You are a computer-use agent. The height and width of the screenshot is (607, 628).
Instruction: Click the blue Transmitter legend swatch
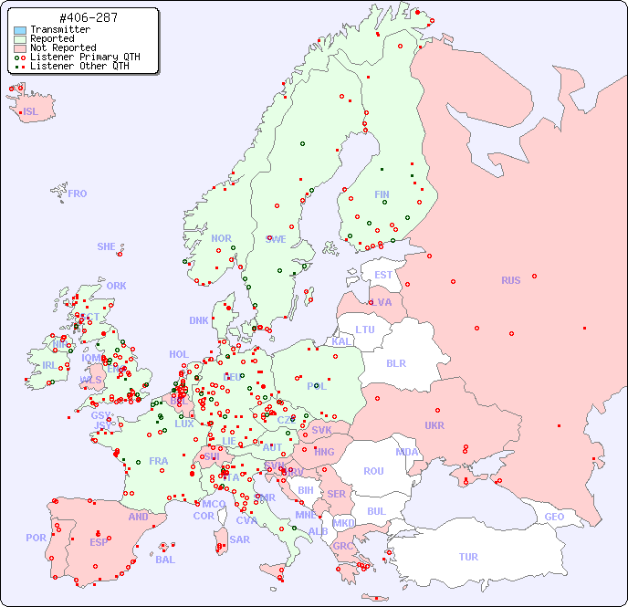click(x=20, y=29)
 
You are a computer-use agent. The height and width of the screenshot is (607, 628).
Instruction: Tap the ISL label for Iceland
click(x=31, y=112)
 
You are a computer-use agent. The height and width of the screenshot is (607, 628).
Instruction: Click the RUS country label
click(x=510, y=280)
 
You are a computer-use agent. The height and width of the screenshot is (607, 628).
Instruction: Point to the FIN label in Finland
click(x=382, y=194)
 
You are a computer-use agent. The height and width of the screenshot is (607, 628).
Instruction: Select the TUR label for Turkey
click(x=468, y=557)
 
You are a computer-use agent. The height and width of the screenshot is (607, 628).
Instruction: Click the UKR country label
click(x=434, y=425)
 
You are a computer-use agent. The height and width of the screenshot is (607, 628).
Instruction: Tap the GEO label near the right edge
click(x=554, y=517)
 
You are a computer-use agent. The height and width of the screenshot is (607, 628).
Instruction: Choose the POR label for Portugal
click(x=36, y=538)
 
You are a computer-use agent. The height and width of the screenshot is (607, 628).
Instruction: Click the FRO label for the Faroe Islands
click(x=78, y=194)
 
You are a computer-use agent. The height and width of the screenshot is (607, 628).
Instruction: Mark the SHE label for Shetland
click(x=107, y=246)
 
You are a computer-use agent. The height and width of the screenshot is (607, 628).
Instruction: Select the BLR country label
click(x=395, y=363)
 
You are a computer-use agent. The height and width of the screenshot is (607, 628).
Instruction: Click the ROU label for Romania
click(x=373, y=471)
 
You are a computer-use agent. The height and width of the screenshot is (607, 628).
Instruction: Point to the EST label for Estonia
click(x=383, y=275)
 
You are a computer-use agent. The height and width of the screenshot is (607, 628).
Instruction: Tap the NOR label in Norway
click(x=221, y=238)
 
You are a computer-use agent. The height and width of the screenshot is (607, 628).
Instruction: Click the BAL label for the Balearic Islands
click(x=164, y=560)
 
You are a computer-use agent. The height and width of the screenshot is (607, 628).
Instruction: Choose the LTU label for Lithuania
click(x=365, y=330)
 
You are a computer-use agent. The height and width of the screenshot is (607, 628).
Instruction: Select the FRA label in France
click(x=159, y=461)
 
